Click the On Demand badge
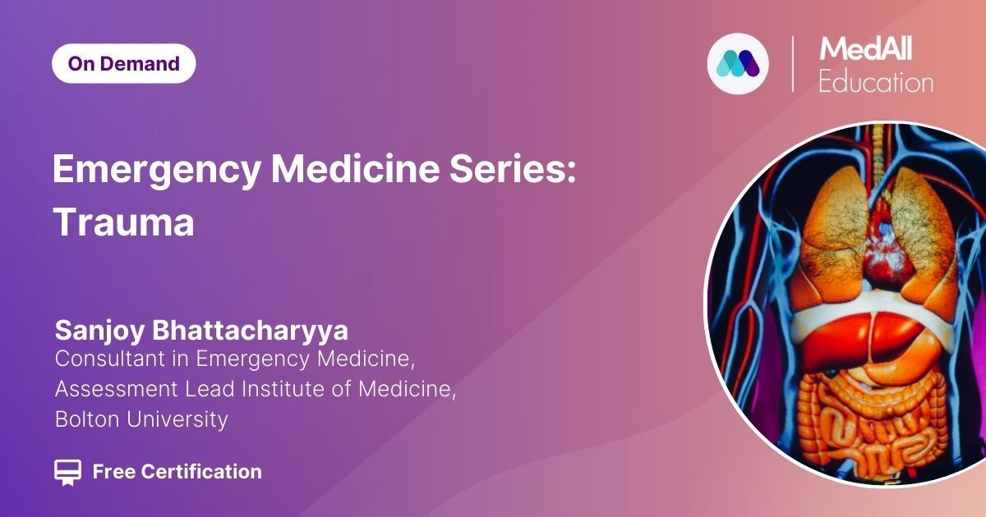click(x=124, y=64)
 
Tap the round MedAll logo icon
click(x=738, y=64)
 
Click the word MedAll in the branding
click(x=866, y=49)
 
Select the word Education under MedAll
click(x=876, y=82)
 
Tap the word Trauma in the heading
click(x=124, y=222)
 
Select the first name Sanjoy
click(x=100, y=331)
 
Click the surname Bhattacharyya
click(x=250, y=330)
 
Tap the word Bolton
click(x=87, y=419)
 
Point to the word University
click(x=177, y=420)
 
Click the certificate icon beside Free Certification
click(x=67, y=473)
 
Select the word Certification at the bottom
click(x=201, y=472)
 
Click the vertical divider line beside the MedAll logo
click(x=793, y=64)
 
